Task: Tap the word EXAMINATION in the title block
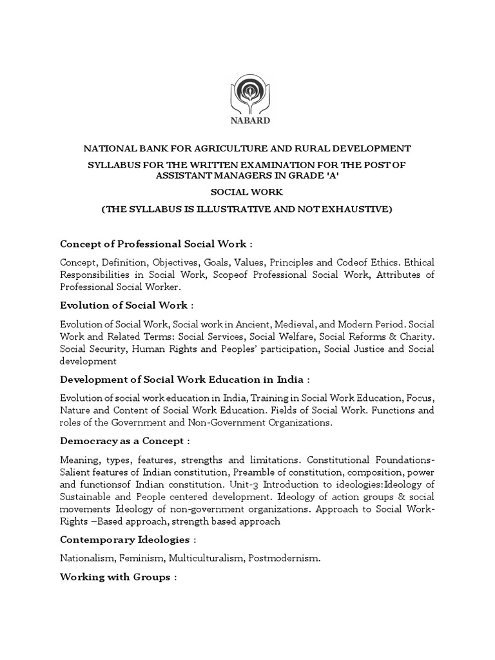click(270, 165)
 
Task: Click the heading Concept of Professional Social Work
click(153, 244)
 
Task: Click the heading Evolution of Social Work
click(124, 305)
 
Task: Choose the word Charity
click(414, 336)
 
